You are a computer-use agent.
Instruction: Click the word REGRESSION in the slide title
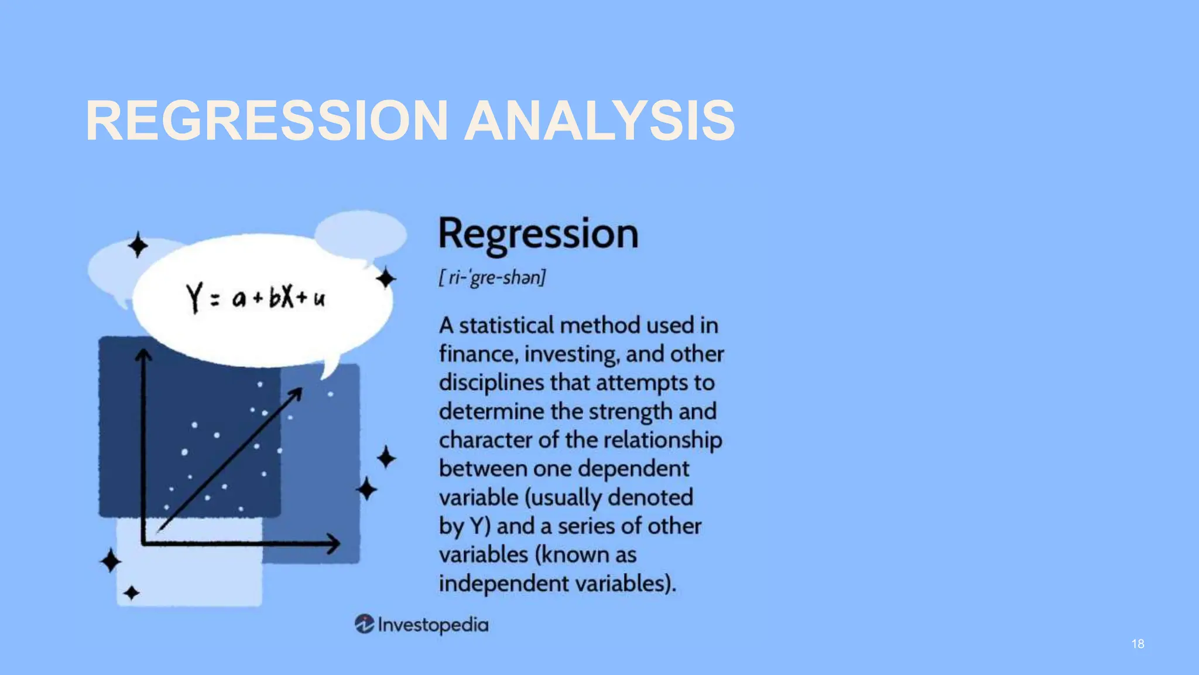coord(266,121)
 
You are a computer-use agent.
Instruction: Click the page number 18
coord(1138,644)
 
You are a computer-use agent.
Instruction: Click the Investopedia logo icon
coord(364,624)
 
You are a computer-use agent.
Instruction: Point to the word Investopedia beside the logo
coord(433,625)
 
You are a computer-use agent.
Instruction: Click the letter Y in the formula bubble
coord(194,297)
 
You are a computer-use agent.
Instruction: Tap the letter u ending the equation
coord(319,299)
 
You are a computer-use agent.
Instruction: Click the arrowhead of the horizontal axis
coord(334,543)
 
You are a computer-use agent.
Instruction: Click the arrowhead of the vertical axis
coord(143,355)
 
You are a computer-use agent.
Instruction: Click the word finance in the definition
coord(477,354)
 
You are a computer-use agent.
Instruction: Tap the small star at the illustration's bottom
coord(131,593)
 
